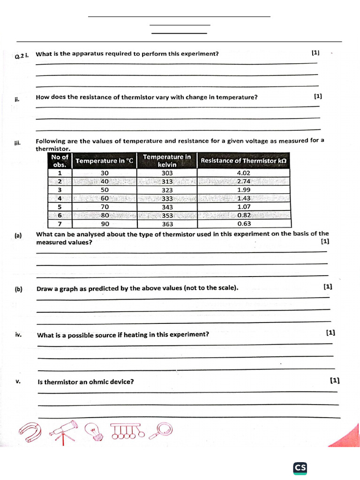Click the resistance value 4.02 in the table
244,172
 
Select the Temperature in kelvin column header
167,160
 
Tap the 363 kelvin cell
167,224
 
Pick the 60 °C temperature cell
105,198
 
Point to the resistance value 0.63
244,224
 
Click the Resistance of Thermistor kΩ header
243,160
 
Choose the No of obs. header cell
60,160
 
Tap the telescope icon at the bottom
65,431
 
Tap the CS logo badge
300,467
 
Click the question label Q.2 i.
22,56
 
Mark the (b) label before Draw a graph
18,290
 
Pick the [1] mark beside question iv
330,333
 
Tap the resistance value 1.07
244,207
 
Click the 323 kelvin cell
167,190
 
